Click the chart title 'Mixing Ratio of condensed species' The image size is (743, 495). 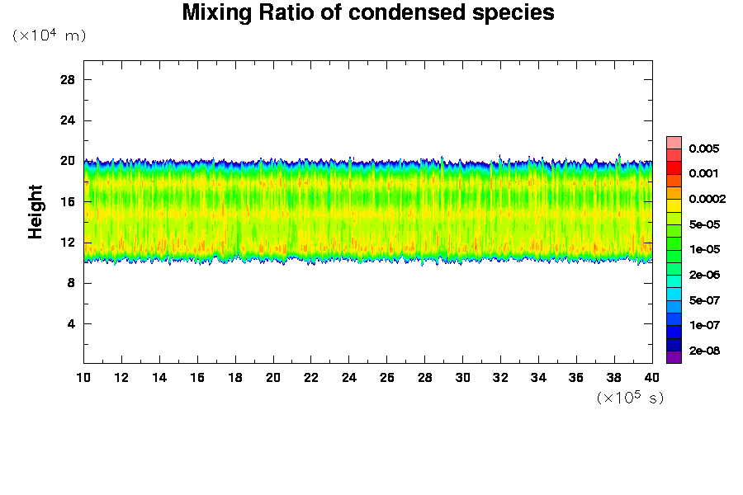(x=367, y=13)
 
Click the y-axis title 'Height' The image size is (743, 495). (x=35, y=222)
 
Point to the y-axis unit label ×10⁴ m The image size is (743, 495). (x=49, y=35)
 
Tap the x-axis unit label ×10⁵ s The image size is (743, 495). (x=630, y=398)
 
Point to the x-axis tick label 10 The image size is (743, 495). (x=83, y=377)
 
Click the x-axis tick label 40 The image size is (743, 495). (x=652, y=377)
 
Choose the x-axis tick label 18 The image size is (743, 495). (x=235, y=377)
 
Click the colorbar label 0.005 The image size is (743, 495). (x=704, y=148)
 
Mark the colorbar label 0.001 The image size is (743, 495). (x=704, y=173)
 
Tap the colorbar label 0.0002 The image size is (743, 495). (x=707, y=199)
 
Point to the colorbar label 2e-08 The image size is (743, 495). (x=704, y=351)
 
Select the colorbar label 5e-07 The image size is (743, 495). (x=704, y=300)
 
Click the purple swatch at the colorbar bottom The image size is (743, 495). (x=674, y=356)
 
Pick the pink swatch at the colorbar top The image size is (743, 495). (x=674, y=142)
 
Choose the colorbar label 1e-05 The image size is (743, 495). (x=704, y=249)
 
